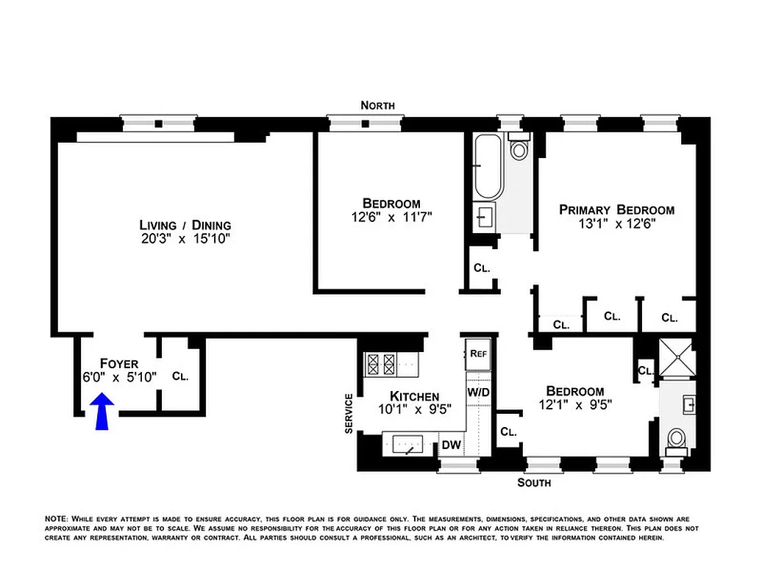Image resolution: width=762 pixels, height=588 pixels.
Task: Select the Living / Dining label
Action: [185, 225]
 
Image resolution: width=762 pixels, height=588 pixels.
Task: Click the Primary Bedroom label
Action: [616, 209]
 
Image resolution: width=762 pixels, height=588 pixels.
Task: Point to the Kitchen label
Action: [414, 395]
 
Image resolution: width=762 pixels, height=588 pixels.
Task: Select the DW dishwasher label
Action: [450, 445]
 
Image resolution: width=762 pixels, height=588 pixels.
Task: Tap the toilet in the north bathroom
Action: [519, 150]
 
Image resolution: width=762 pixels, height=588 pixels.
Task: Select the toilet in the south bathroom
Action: [676, 440]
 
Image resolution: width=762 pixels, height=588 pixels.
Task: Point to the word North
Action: [377, 106]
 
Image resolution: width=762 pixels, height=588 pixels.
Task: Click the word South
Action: [534, 483]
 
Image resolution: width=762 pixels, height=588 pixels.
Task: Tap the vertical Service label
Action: [349, 412]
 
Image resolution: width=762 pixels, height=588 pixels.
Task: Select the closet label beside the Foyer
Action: [180, 376]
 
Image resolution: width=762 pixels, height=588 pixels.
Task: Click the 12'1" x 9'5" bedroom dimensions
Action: [575, 404]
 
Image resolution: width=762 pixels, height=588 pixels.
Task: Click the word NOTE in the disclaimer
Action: [57, 519]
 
